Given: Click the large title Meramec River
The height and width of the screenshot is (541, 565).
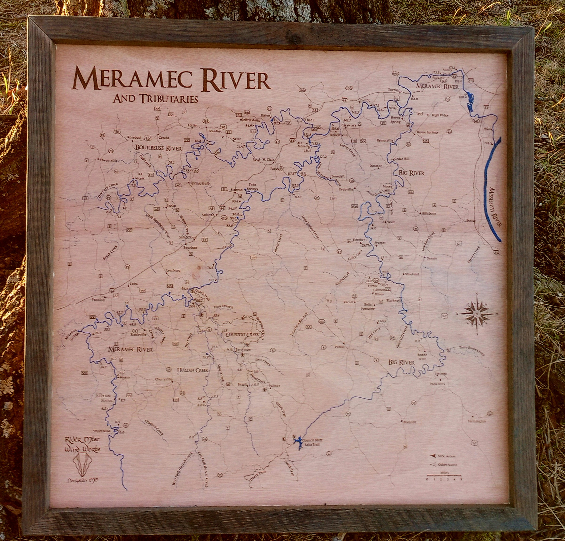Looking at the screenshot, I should (172, 79).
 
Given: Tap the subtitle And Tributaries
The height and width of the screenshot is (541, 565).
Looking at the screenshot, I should (155, 99).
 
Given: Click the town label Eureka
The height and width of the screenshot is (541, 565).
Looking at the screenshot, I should (394, 90).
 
